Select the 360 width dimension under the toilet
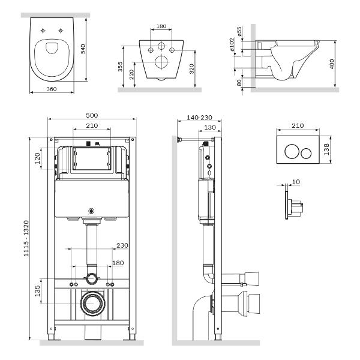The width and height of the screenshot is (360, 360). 52,88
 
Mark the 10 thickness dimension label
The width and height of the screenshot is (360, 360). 295,181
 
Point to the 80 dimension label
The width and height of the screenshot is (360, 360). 239,82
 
